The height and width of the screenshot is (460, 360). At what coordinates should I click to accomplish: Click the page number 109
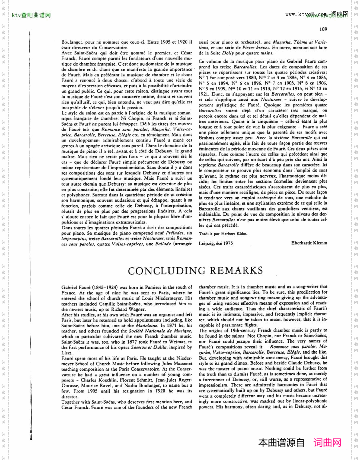point(323,29)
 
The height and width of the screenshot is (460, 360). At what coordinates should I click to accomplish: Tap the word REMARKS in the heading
point(236,271)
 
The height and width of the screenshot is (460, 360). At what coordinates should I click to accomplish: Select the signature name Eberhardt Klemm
point(309,243)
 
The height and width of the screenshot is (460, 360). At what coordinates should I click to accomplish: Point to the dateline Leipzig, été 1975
point(216,243)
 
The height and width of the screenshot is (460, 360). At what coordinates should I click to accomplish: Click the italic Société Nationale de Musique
point(160,331)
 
